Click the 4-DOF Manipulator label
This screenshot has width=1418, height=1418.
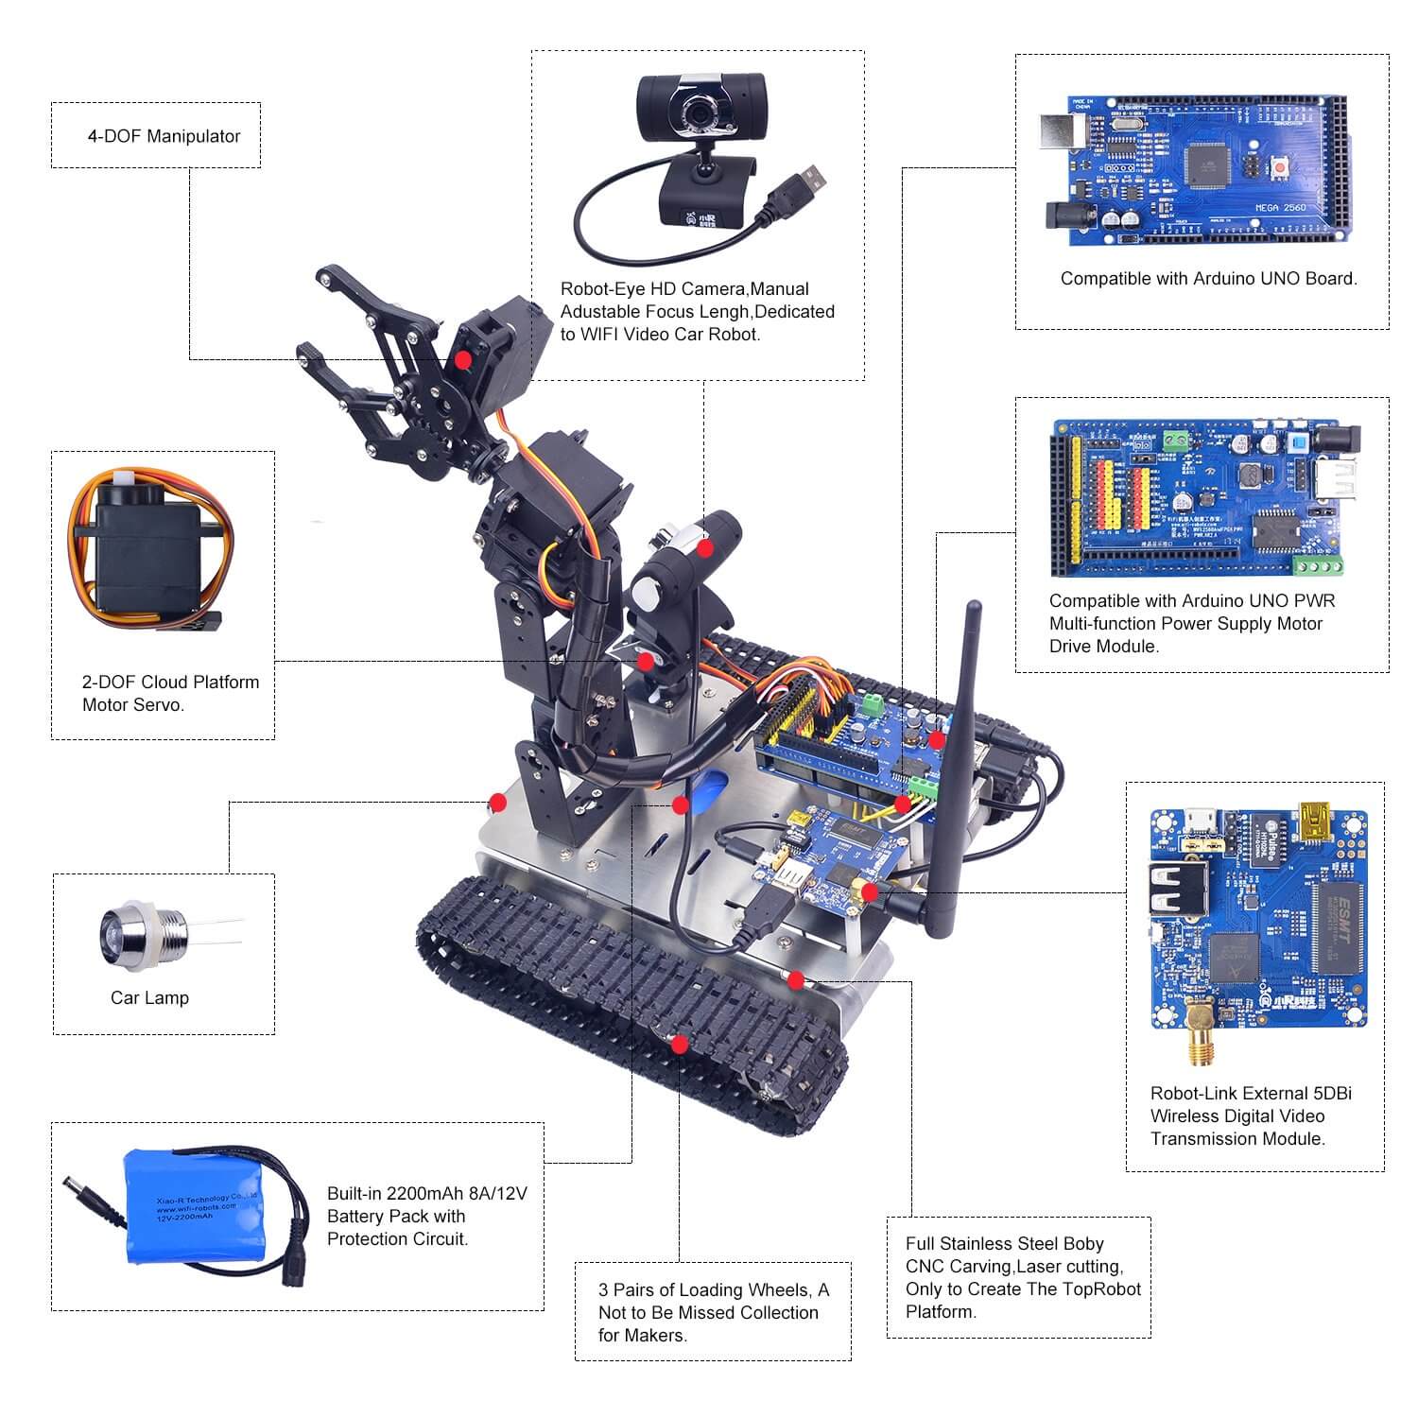pyautogui.click(x=164, y=136)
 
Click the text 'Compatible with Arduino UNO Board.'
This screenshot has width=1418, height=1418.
pyautogui.click(x=1208, y=279)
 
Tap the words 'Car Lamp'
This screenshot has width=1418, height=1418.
pyautogui.click(x=149, y=998)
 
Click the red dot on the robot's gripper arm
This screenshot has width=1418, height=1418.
pyautogui.click(x=462, y=360)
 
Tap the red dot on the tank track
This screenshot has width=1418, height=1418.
pyautogui.click(x=678, y=1043)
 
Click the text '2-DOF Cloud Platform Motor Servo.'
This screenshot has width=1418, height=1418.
pyautogui.click(x=170, y=693)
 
